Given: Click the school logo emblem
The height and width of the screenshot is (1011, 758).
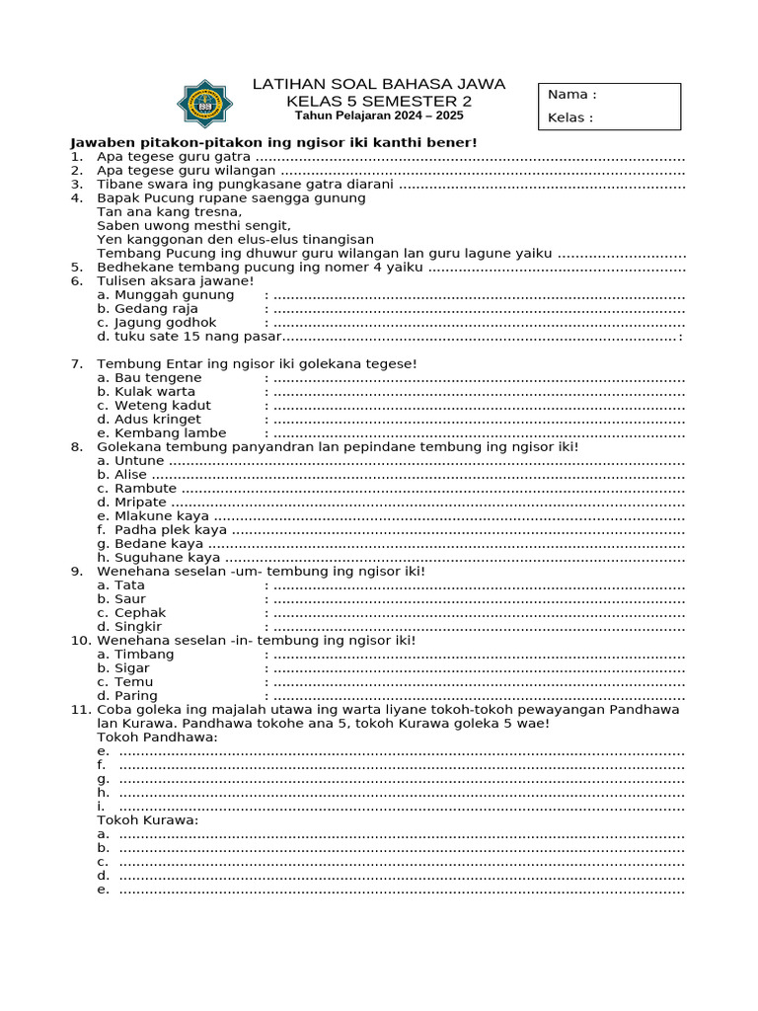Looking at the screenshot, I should [205, 104].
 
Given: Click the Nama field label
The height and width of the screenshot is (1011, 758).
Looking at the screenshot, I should [571, 95].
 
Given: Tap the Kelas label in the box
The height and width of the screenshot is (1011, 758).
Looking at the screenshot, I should [570, 118].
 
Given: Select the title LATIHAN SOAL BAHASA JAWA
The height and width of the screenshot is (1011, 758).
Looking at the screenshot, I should [379, 84].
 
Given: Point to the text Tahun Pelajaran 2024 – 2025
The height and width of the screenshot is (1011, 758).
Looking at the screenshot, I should [379, 116].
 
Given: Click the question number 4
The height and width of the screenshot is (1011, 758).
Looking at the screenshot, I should [75, 197].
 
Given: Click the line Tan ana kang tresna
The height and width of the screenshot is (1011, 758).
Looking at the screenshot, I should [169, 211].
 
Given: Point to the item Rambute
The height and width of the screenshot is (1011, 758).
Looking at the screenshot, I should [145, 488].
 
